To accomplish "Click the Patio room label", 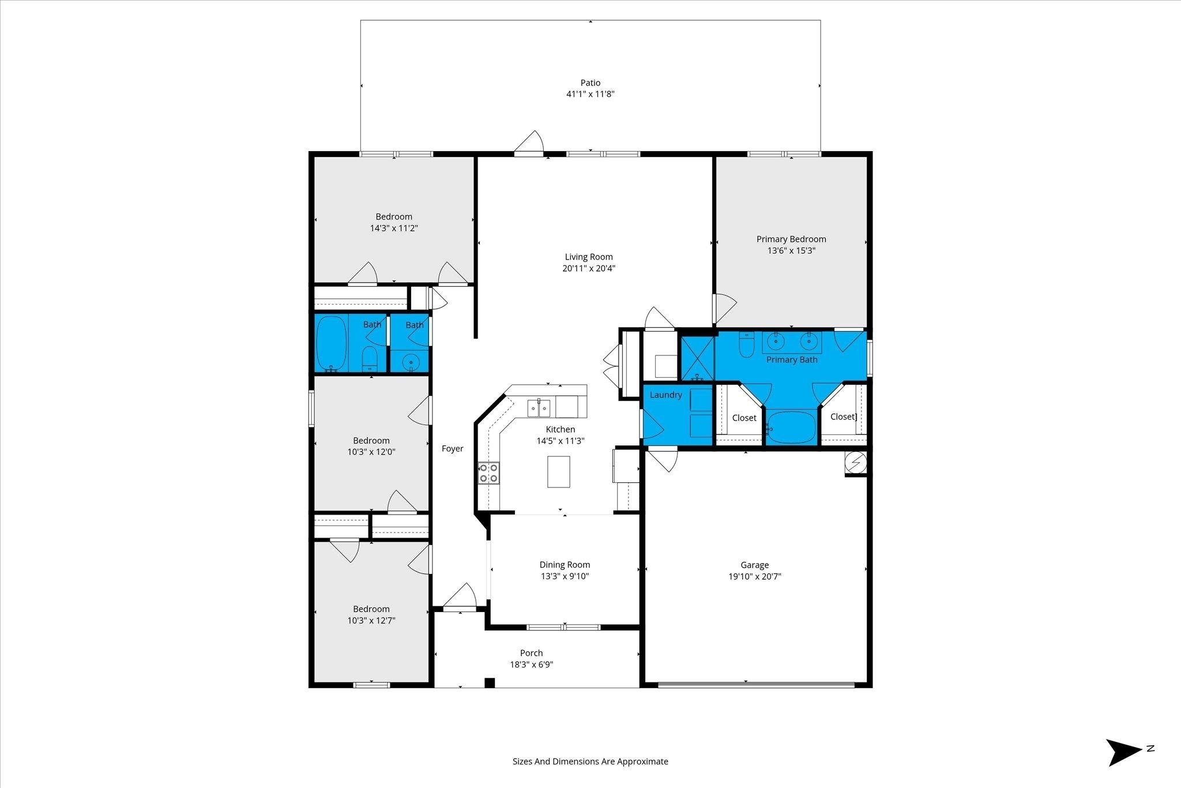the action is (590, 82).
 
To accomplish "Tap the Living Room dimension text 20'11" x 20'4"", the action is (589, 268).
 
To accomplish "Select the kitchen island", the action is (558, 471).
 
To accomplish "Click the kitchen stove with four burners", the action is (489, 474).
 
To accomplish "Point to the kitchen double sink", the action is (539, 407).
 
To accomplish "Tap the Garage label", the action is (755, 565).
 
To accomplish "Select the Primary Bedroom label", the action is (791, 239).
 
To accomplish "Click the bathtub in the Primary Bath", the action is (792, 427).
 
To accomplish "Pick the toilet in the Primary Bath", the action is (746, 346).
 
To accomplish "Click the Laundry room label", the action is (666, 395).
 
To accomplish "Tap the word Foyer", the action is (453, 449).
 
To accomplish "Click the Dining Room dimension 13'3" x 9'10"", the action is (565, 576).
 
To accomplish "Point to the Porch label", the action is (531, 653).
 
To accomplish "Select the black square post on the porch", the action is (490, 683).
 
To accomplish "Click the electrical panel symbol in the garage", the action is (856, 462).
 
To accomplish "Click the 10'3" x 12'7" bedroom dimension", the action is (371, 621).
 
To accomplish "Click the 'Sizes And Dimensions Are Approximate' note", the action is (590, 761).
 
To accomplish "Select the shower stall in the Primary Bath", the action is (698, 358).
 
